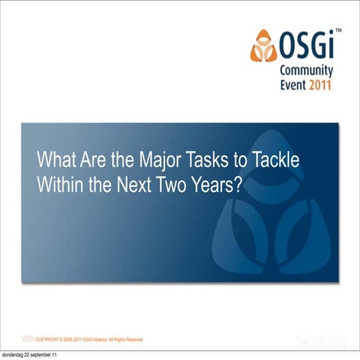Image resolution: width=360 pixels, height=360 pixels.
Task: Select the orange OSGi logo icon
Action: pos(264,46)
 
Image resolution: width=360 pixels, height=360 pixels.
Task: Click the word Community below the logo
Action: pos(307,71)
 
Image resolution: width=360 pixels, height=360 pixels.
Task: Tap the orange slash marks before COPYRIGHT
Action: pos(28,340)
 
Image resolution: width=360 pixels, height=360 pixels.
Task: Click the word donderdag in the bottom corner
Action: pos(14,355)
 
